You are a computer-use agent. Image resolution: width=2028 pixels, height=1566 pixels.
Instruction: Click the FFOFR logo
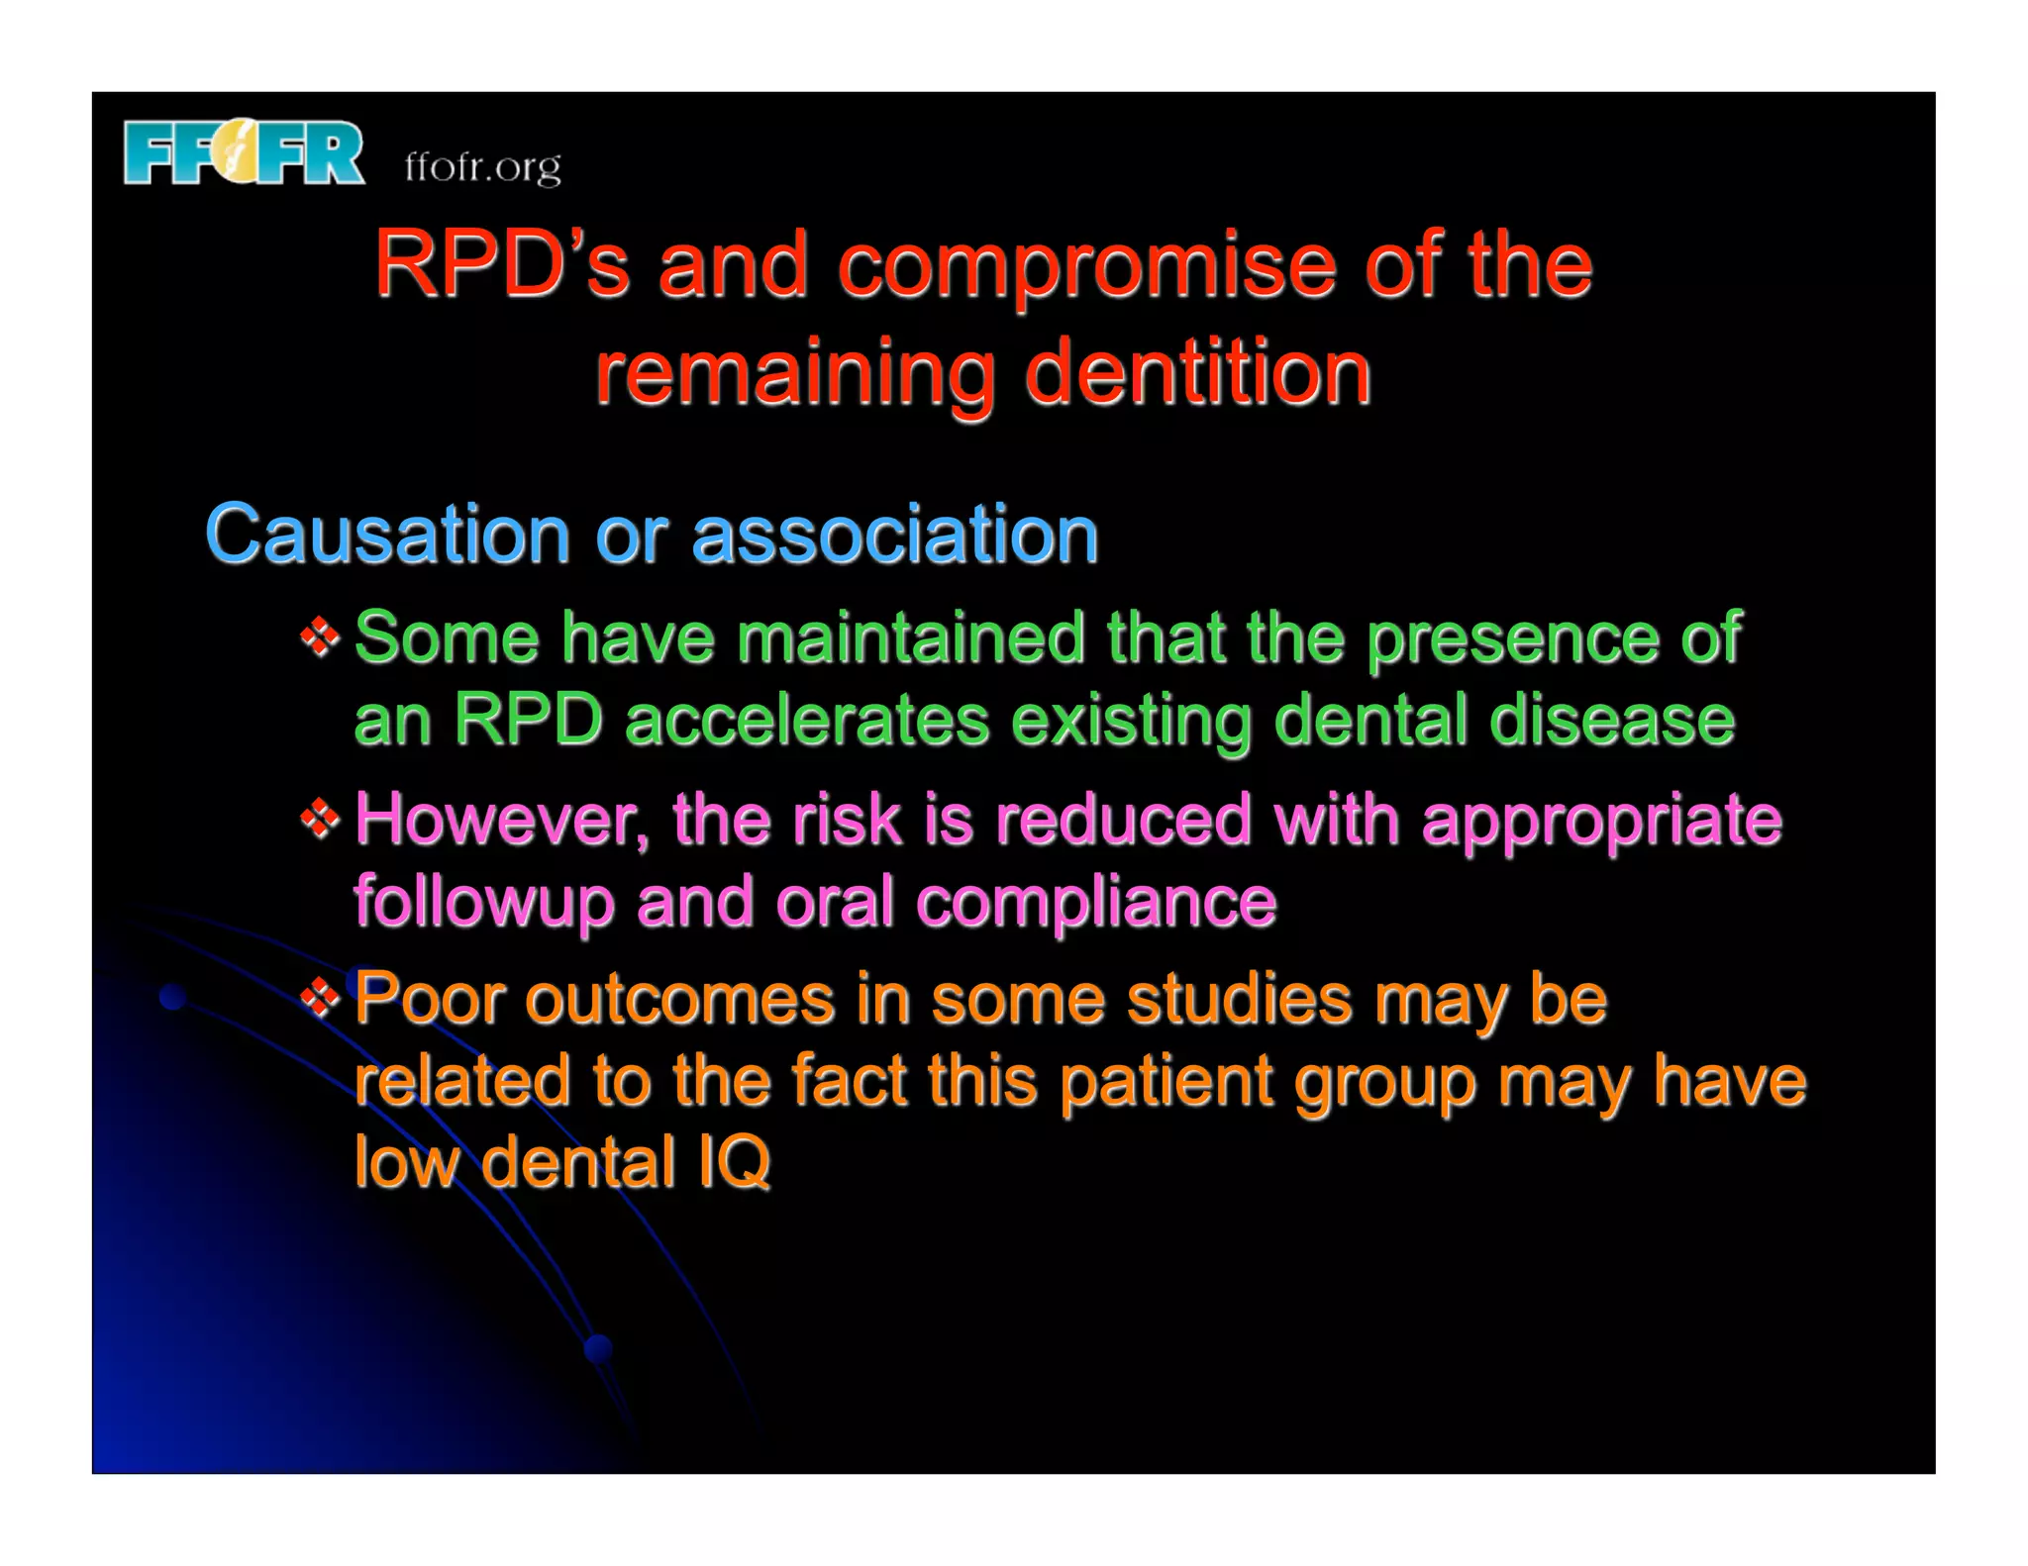244,152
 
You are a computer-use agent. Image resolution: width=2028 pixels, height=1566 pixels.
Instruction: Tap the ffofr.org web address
482,167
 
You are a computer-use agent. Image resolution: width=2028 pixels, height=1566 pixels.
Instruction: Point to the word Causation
387,535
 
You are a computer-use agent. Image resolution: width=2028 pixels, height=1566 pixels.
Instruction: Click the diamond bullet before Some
320,636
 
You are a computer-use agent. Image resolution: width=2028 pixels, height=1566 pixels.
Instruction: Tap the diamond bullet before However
320,819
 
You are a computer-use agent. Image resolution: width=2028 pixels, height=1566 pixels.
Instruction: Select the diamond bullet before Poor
320,998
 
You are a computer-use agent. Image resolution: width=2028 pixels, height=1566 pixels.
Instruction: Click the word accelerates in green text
807,720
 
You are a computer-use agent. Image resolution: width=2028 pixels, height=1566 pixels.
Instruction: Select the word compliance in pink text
1096,904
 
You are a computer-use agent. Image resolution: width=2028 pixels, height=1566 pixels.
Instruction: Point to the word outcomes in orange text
679,999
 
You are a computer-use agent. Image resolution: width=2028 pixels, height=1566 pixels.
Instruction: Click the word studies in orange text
1240,999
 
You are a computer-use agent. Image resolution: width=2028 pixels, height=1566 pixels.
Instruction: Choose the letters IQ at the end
734,1162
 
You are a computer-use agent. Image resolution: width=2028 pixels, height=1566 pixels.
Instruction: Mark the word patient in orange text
1166,1081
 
